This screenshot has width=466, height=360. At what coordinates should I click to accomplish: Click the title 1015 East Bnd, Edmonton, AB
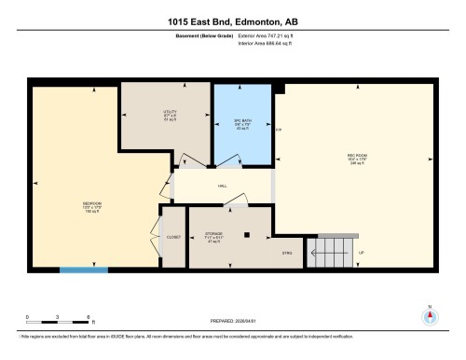[233, 21]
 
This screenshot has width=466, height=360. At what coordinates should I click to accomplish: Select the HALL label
[223, 186]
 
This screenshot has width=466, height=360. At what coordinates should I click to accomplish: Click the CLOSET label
[173, 237]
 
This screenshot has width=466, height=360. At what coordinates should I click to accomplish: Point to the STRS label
[287, 253]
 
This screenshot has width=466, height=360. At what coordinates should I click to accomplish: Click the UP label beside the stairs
[361, 253]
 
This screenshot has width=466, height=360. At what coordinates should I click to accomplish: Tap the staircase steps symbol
[331, 249]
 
